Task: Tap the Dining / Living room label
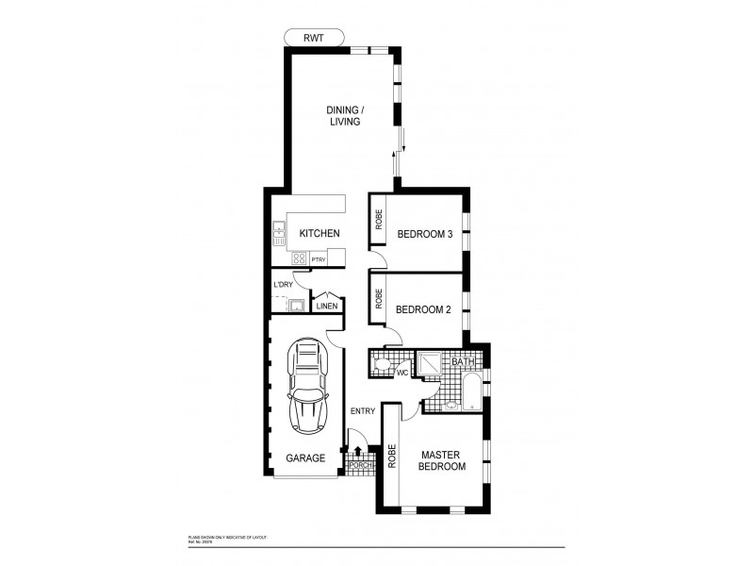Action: coord(344,116)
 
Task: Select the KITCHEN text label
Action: coord(320,234)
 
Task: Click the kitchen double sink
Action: coord(279,231)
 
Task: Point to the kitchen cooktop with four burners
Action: coord(299,258)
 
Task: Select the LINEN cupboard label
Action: coord(326,306)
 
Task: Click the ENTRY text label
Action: coord(362,411)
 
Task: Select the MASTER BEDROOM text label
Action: coord(443,460)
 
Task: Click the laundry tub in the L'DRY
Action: coord(295,305)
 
